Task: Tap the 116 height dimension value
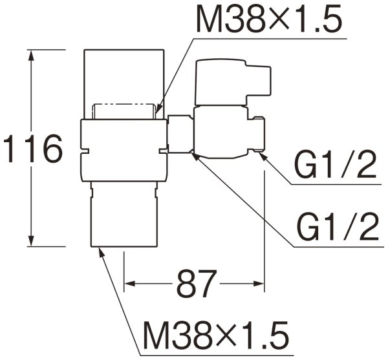click(33, 150)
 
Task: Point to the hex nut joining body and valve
click(180, 134)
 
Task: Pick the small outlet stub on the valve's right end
click(259, 134)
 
